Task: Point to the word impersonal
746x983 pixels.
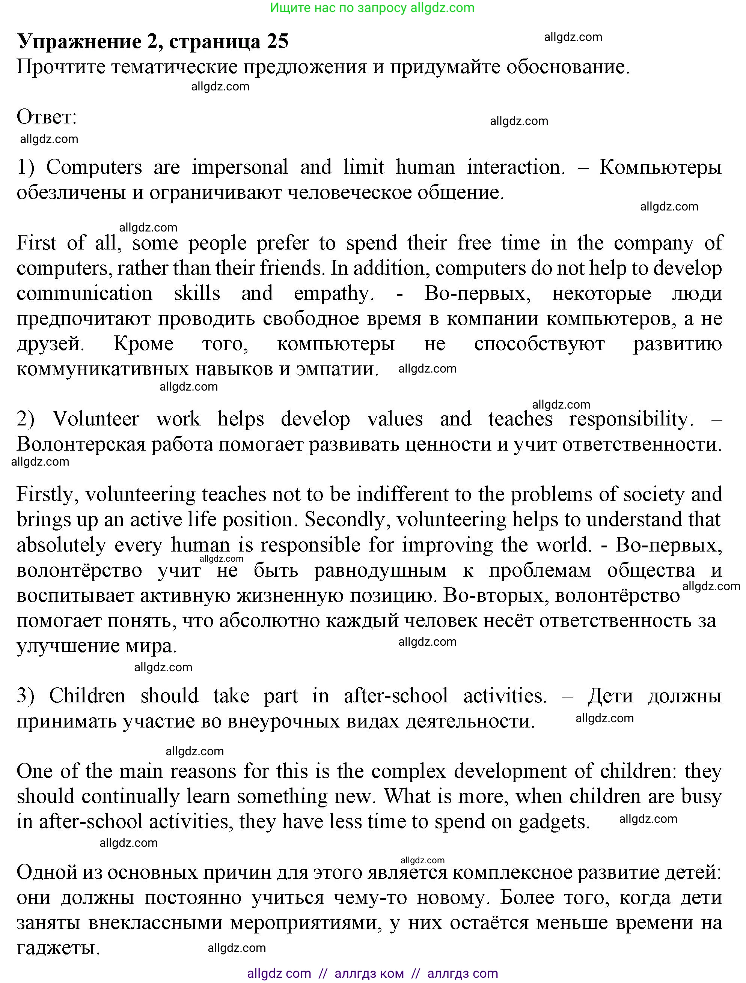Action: tap(240, 168)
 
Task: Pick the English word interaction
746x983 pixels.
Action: tap(516, 168)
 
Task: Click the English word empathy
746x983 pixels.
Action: tap(333, 294)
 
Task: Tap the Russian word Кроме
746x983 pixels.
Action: tap(143, 344)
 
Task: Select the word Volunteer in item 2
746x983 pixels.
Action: tap(96, 419)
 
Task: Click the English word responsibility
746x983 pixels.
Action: tap(631, 419)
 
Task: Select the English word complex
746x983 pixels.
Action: tap(408, 771)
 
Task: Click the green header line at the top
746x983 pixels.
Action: tap(372, 8)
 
